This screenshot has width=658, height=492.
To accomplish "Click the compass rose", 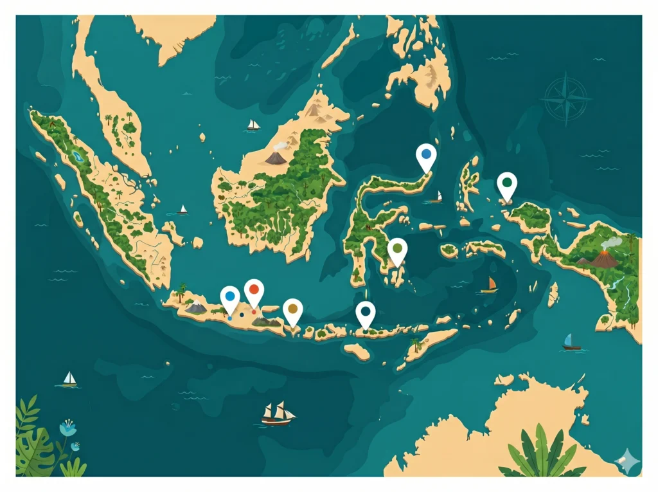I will click(566, 98).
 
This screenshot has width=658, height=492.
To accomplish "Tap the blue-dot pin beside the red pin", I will click(230, 297).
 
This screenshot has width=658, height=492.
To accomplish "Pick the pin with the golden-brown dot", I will click(293, 310).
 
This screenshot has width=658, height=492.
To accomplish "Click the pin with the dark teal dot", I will click(366, 313).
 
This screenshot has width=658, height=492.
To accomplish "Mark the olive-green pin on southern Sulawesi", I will click(398, 250).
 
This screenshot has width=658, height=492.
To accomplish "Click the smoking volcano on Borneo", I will click(276, 156).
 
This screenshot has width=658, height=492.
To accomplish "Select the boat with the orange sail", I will click(490, 285).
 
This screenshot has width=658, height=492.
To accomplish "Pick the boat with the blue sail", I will click(571, 342).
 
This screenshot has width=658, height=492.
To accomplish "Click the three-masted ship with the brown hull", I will click(278, 414).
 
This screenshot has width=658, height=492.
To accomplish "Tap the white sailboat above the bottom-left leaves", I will click(68, 379).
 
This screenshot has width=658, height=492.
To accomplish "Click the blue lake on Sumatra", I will click(78, 156).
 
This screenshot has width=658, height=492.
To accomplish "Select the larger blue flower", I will click(67, 427).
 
